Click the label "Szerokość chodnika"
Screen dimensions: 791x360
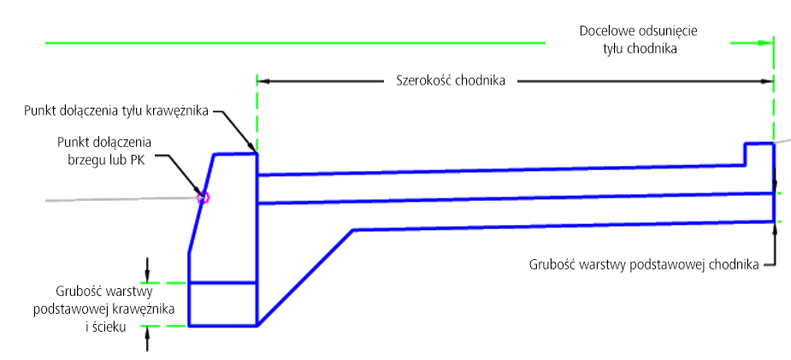pos(451,80)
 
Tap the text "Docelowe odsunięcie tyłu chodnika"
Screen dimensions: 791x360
pos(638,40)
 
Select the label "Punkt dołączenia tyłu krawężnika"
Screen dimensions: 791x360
pos(116,111)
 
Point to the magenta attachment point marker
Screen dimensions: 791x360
pos(204,198)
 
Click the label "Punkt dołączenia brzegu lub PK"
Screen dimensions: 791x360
pos(104,150)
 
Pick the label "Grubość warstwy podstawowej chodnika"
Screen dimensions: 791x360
pos(644,265)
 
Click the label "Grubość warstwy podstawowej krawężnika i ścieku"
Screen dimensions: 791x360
pos(104,309)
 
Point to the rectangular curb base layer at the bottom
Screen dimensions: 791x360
pos(223,304)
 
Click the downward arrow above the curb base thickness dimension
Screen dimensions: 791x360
pos(147,269)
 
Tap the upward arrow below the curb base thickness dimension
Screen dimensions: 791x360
pos(147,339)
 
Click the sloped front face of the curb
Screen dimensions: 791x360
pos(201,204)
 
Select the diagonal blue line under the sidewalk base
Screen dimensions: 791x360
pos(305,278)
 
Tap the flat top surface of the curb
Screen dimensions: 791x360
pos(236,154)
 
